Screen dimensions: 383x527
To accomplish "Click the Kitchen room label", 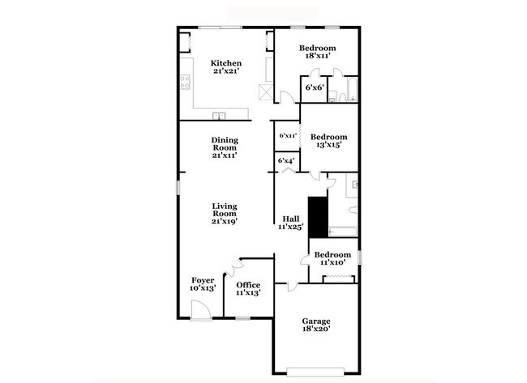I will [x=226, y=67].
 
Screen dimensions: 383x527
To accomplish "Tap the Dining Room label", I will [x=225, y=147].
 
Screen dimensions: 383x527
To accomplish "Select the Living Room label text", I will [x=225, y=213].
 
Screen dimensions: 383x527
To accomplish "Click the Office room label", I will [x=248, y=289].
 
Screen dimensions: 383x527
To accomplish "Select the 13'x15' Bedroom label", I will [x=329, y=141].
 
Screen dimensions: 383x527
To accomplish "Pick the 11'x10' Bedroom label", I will [x=332, y=258].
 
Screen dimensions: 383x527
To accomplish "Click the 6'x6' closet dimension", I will [x=314, y=87].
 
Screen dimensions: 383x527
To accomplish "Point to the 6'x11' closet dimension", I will [x=287, y=136].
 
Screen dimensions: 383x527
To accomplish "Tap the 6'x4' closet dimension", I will [x=285, y=161].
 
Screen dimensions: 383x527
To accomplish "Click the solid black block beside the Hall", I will [x=316, y=216].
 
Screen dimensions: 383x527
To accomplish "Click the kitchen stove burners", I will [x=185, y=82].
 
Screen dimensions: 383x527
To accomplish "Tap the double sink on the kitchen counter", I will [x=219, y=115].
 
